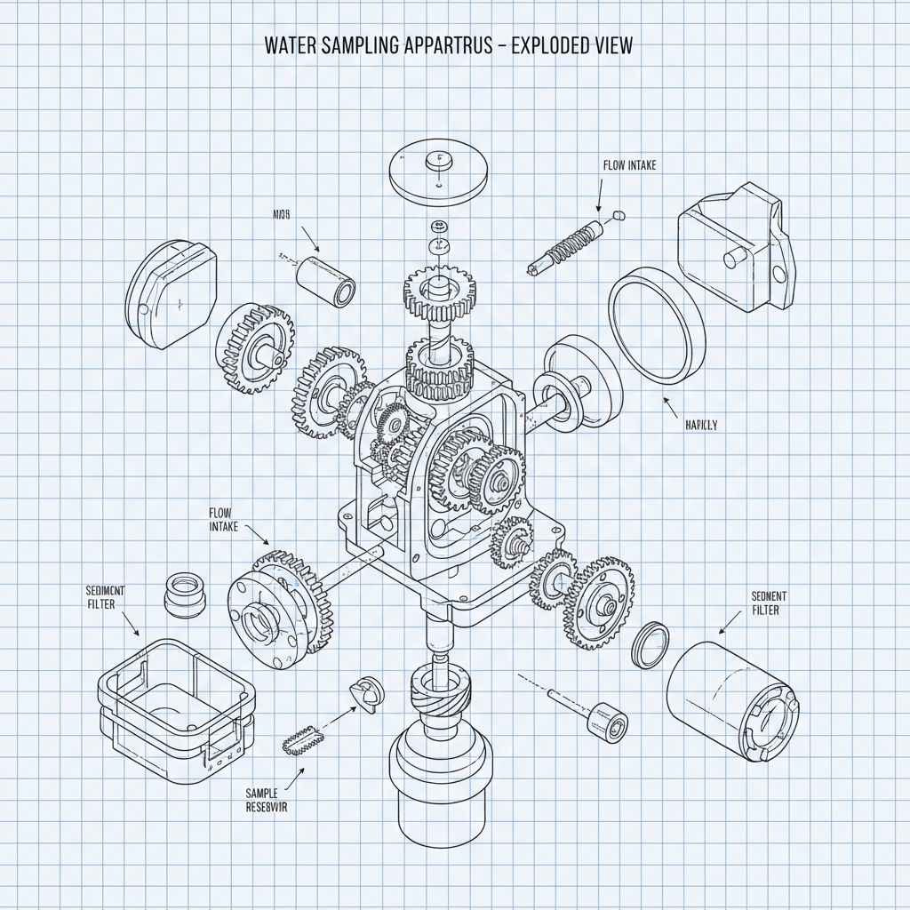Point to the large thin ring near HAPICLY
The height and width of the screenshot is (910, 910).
[x=657, y=329]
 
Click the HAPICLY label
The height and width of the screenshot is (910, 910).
[x=700, y=425]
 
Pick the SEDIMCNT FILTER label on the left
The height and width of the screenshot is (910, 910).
[x=106, y=597]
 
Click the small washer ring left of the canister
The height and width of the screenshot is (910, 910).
[x=651, y=644]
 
